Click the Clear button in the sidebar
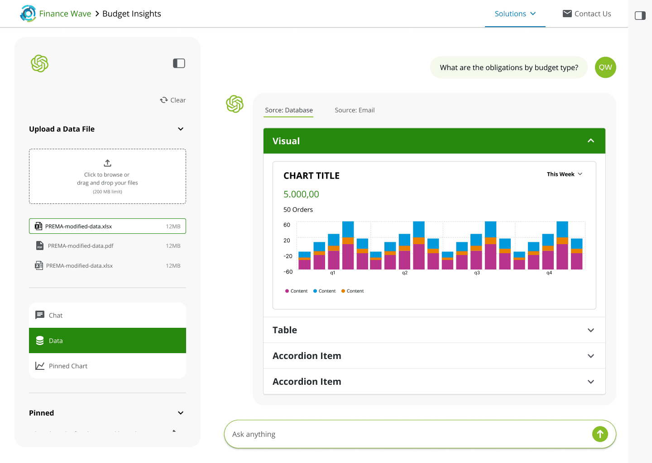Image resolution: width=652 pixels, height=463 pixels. (173, 100)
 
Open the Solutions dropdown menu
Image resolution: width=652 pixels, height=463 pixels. (515, 14)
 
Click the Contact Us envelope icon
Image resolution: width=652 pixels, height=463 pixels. (567, 14)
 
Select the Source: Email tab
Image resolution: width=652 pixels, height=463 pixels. (355, 110)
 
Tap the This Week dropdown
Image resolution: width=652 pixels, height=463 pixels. (564, 174)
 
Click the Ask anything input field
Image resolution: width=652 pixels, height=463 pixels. (407, 434)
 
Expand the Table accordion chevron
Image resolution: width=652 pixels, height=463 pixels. (590, 330)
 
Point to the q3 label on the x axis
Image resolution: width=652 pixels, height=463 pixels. (477, 273)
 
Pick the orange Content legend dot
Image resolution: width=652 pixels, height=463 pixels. (343, 291)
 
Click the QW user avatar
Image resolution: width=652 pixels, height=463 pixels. (605, 67)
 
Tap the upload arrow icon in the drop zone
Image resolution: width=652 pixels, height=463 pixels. (107, 163)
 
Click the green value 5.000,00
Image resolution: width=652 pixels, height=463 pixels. (301, 194)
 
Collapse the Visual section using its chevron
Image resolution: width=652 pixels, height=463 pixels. (590, 141)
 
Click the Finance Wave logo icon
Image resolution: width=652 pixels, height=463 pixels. (28, 14)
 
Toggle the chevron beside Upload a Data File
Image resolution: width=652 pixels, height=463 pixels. (181, 129)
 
